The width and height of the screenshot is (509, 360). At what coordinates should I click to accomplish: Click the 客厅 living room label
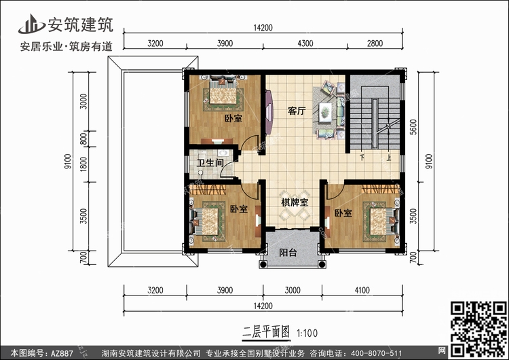click(297, 111)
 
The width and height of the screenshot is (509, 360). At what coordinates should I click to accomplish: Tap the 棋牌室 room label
click(295, 202)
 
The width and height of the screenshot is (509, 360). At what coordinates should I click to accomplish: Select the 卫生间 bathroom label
click(210, 162)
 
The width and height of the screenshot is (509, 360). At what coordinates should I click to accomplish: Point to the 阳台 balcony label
click(288, 253)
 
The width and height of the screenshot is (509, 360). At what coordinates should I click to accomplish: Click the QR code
click(479, 329)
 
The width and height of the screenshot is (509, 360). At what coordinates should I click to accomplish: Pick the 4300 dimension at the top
click(305, 43)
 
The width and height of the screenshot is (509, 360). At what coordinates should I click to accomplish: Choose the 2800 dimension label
click(375, 43)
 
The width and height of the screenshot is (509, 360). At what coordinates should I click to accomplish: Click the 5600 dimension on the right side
click(413, 127)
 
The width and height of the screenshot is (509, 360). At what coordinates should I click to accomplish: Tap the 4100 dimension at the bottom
click(362, 290)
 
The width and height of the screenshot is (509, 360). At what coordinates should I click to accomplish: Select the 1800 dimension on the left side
click(83, 164)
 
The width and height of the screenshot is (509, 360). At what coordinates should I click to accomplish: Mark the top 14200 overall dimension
click(263, 28)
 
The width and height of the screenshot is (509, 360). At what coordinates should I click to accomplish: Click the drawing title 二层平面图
click(266, 332)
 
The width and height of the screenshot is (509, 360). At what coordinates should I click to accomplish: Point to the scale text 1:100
click(307, 334)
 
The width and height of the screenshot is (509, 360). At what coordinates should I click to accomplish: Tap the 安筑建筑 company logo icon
click(31, 24)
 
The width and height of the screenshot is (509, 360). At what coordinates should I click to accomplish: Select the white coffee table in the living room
click(325, 112)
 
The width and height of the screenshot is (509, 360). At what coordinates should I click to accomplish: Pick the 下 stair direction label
click(362, 158)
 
